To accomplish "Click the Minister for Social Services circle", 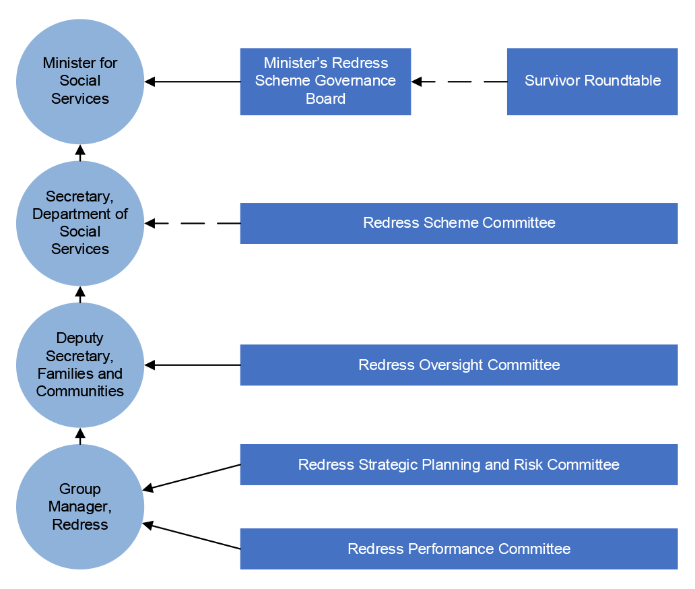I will pos(80,81).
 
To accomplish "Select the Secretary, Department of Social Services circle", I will pos(80,223).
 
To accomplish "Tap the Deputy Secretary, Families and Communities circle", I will pos(80,365).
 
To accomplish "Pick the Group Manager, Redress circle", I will pos(80,507).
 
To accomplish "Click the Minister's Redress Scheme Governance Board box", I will pos(325,82).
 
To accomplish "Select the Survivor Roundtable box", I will pos(592,82).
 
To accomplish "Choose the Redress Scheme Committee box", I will pos(459,223).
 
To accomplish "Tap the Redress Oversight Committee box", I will pos(459,365).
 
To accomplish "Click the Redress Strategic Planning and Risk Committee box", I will pos(459,464).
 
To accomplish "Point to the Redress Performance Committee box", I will pos(459,549).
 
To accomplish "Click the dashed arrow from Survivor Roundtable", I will pos(459,82).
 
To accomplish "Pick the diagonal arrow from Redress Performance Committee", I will pos(193,536).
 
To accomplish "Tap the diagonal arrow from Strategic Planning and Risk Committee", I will pos(193,477).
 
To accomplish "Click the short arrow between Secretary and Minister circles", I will pos(80,152).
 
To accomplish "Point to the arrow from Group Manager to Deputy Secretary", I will pos(80,436).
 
